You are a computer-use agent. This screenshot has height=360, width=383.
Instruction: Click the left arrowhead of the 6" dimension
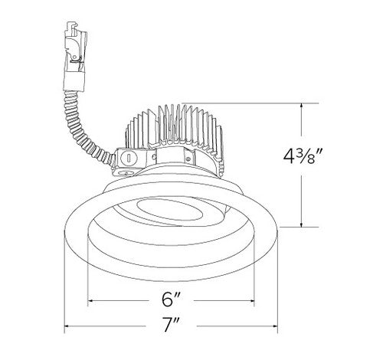(x=92, y=300)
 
